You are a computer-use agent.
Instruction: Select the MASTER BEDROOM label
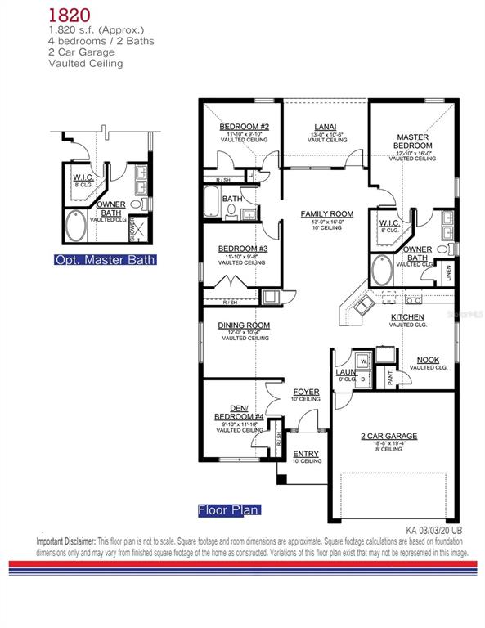pos(413,141)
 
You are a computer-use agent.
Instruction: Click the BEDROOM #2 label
pos(244,127)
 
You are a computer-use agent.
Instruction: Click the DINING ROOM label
pos(244,325)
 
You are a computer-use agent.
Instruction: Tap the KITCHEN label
pos(406,316)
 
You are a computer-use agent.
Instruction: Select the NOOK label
pos(427,360)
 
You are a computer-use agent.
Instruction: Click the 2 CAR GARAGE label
pos(389,436)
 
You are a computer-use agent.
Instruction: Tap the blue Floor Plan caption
pos(228,510)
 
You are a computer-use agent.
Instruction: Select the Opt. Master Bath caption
pos(105,260)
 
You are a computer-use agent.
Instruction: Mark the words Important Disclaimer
pos(66,541)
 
